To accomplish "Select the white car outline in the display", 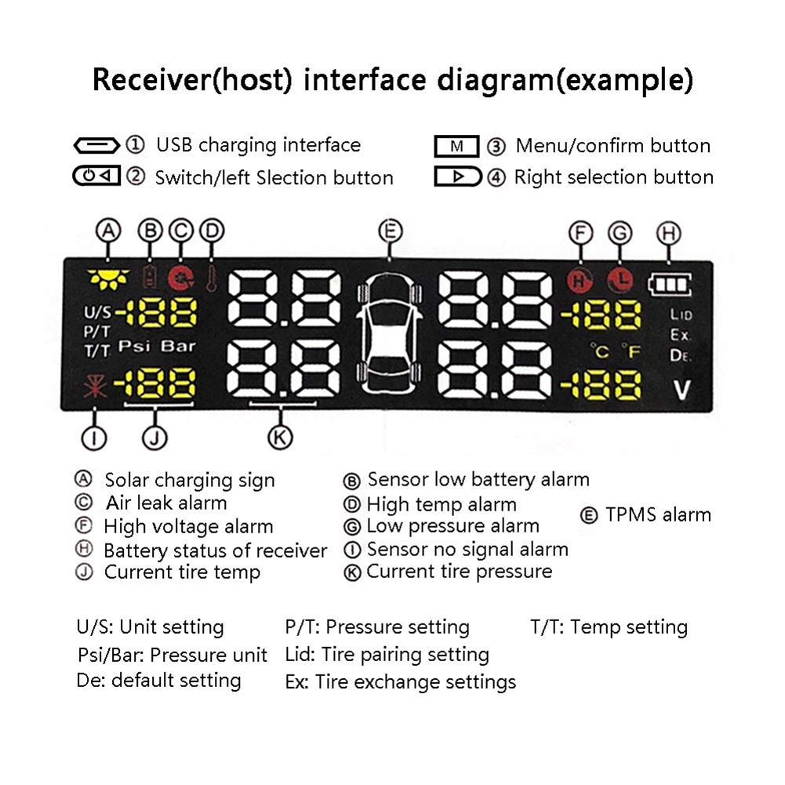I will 389,331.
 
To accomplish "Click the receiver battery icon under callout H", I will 669,283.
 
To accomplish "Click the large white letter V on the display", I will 681,389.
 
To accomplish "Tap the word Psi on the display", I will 134,346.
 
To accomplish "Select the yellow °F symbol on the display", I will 631,351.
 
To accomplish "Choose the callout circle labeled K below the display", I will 280,438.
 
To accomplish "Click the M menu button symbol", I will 456,146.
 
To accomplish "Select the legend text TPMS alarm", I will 657,515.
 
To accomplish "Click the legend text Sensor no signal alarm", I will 467,549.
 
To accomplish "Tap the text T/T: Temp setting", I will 609,627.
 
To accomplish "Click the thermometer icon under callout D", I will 211,278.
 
